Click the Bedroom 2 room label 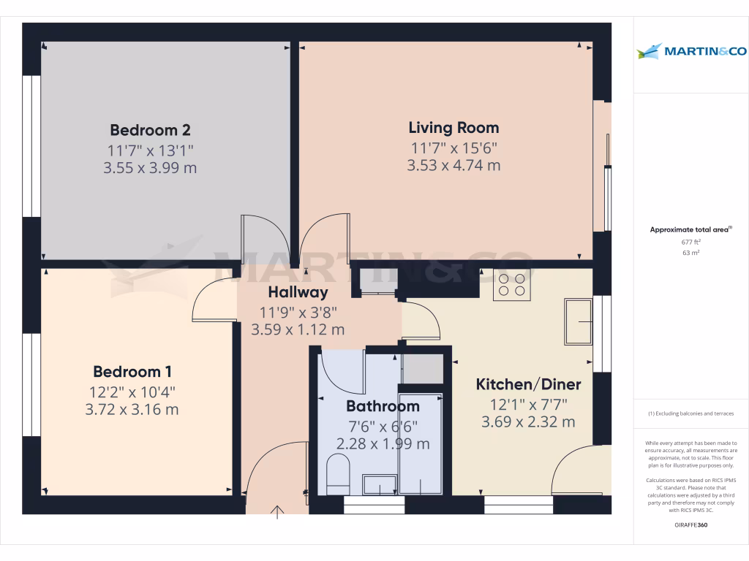click(150, 130)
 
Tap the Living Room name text click(453, 128)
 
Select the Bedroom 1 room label click(132, 371)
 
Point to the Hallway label click(298, 292)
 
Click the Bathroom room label click(383, 406)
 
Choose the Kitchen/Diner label click(528, 384)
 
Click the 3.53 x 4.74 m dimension click(453, 165)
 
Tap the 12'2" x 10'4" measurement click(132, 391)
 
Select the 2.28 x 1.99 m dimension click(383, 443)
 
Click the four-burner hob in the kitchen click(511, 284)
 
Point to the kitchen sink click(578, 321)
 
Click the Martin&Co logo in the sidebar click(691, 51)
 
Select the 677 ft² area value click(691, 241)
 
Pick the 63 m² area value click(691, 253)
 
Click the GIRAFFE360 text click(691, 525)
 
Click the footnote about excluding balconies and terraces click(690, 413)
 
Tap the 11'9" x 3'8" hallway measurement click(298, 312)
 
